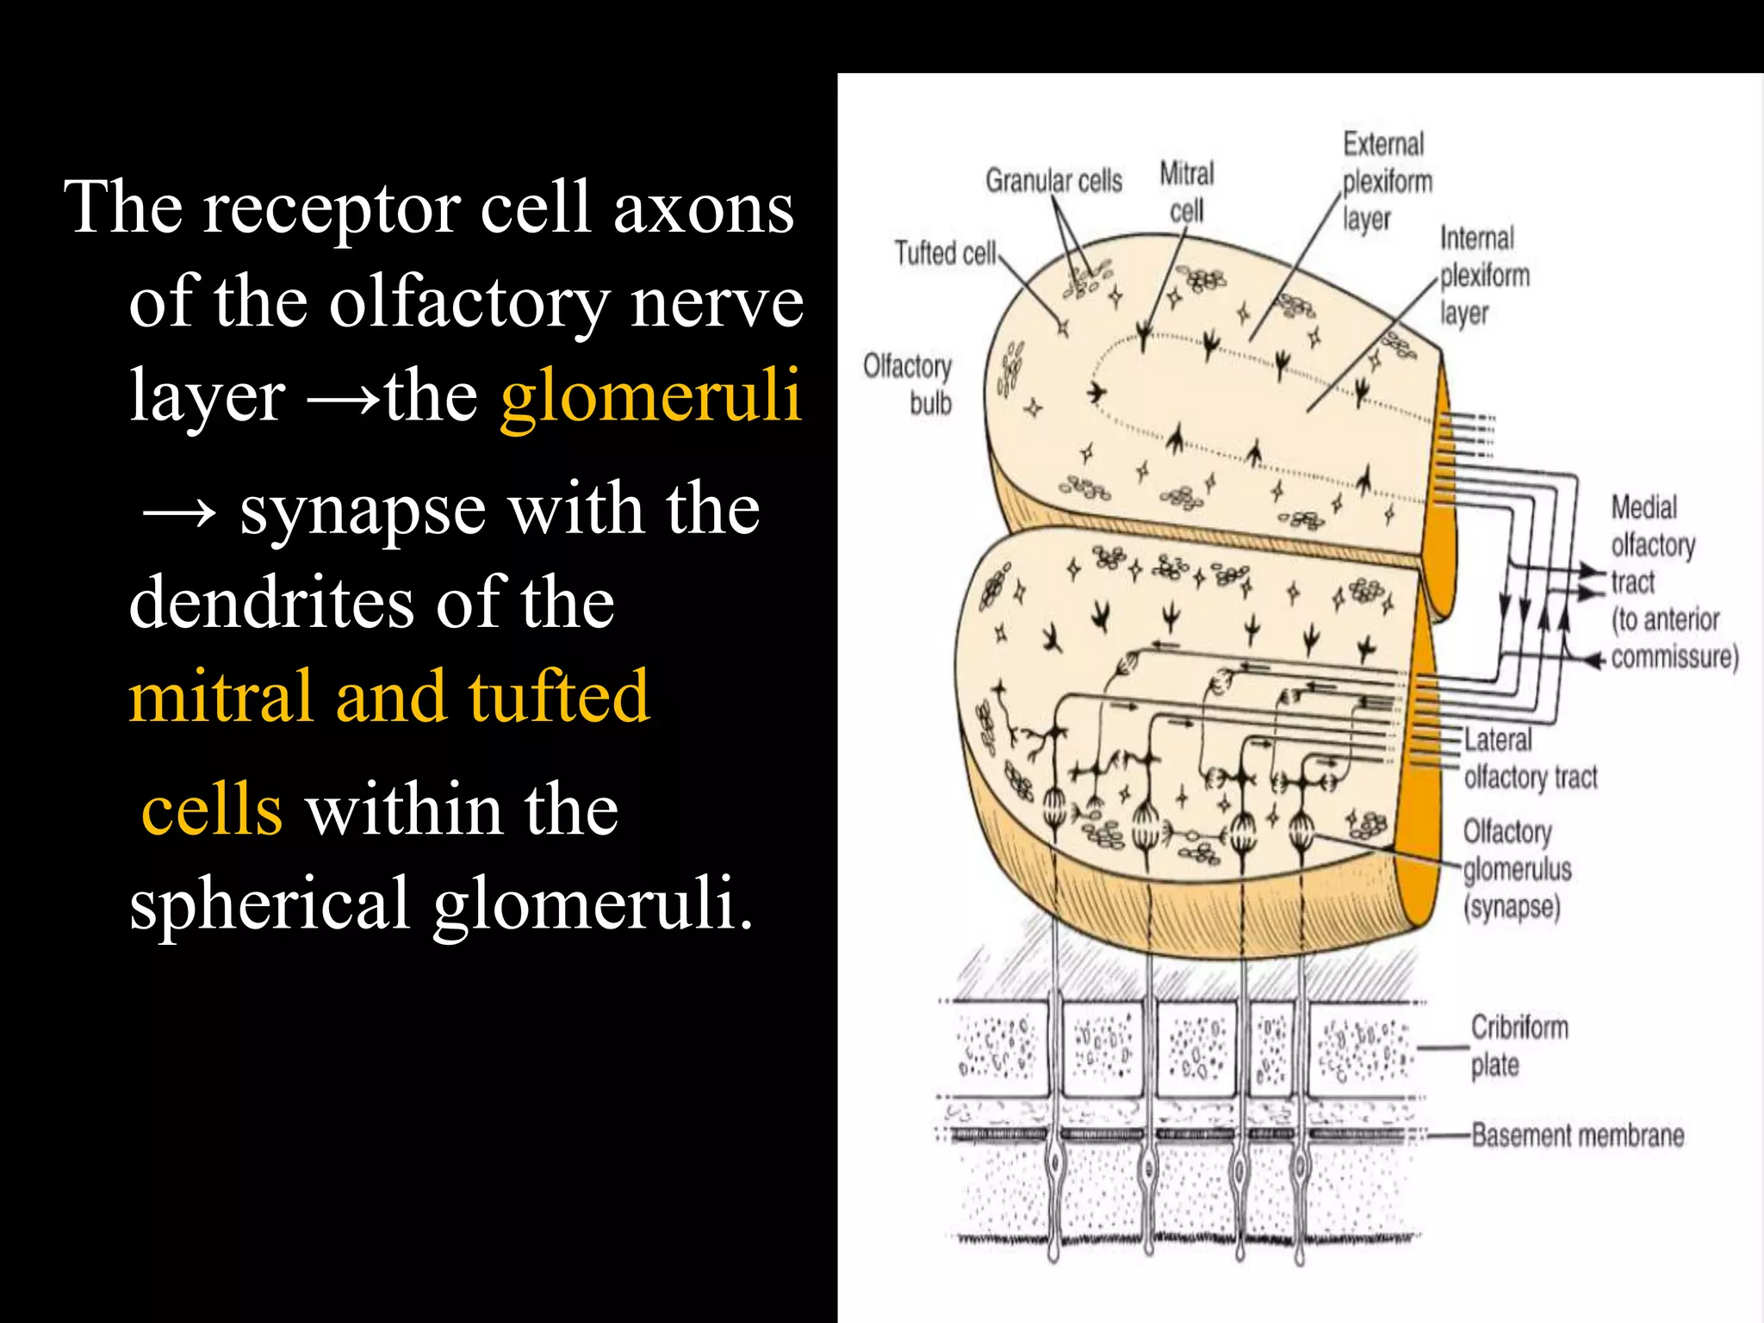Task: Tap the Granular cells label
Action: click(1053, 181)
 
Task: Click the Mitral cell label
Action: click(1186, 192)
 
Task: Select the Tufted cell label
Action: click(945, 253)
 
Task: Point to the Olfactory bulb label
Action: click(909, 384)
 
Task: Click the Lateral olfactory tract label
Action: click(1530, 759)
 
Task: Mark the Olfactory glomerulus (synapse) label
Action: click(1517, 869)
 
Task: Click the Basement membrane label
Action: click(1577, 1135)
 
